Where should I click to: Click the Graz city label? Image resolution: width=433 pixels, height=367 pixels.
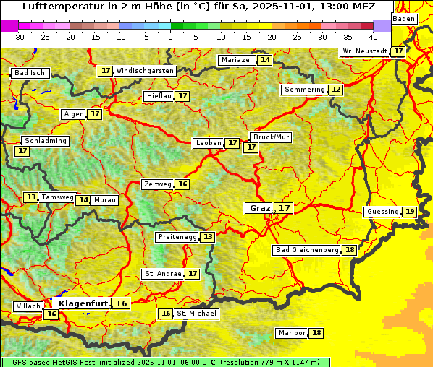(x=259, y=208)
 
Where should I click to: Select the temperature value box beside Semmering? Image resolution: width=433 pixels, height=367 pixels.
(x=335, y=90)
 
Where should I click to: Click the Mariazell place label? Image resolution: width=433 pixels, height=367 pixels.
(x=237, y=60)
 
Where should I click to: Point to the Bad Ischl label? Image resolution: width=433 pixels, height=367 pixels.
(x=30, y=73)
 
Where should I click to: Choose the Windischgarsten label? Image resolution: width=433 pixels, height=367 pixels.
(x=145, y=71)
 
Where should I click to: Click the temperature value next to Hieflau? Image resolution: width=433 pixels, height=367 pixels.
(x=182, y=96)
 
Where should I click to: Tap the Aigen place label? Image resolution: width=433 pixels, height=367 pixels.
(x=74, y=114)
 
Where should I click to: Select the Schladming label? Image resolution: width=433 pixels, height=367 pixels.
(x=46, y=141)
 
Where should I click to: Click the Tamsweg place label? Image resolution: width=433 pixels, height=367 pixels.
(x=57, y=197)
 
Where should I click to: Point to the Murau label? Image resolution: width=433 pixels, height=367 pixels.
(x=105, y=200)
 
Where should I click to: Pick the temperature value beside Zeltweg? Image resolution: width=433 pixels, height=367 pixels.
(x=182, y=184)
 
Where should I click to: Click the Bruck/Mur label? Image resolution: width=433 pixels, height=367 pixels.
(x=271, y=137)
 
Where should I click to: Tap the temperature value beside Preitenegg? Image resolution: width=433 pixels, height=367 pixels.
(x=208, y=237)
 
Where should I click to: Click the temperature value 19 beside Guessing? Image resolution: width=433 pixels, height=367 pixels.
(x=410, y=212)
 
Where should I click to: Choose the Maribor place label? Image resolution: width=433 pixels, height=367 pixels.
(x=291, y=333)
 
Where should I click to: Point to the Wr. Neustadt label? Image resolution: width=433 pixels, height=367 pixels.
(x=364, y=51)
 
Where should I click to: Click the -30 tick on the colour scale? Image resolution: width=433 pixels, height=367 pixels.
(x=19, y=36)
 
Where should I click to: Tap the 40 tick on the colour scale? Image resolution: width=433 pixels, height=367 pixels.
(x=373, y=36)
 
